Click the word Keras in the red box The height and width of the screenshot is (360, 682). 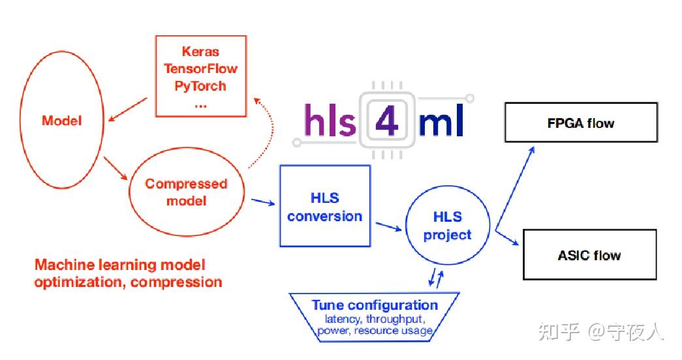(200, 52)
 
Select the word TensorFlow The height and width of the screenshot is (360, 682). (200, 68)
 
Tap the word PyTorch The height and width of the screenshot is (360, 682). (200, 85)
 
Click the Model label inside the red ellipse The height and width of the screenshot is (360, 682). (62, 121)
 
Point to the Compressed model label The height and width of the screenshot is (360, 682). (186, 192)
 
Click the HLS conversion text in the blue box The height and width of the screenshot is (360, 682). (324, 207)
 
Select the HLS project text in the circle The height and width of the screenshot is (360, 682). (447, 226)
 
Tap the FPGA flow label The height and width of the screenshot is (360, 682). (581, 123)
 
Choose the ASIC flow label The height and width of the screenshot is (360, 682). (589, 256)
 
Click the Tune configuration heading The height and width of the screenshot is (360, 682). (375, 305)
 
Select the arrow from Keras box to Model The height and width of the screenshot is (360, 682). (131, 109)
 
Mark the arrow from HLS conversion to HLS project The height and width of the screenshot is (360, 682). (389, 226)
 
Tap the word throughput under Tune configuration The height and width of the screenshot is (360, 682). (396, 320)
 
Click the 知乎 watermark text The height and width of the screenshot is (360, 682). (559, 333)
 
